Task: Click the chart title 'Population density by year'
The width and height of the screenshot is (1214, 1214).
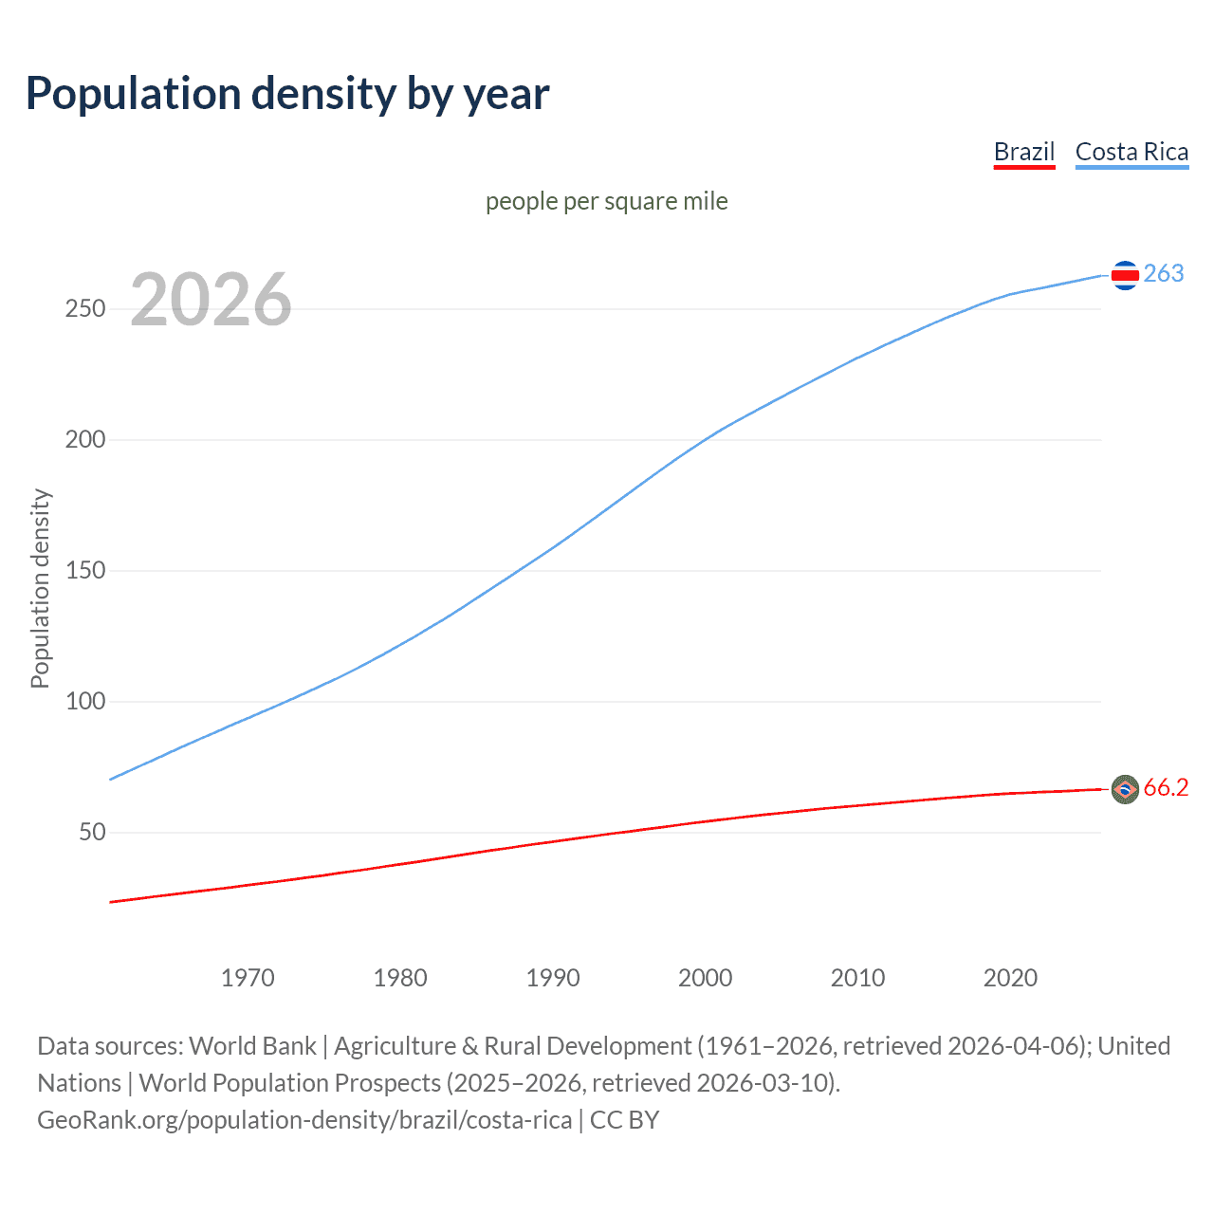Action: (287, 94)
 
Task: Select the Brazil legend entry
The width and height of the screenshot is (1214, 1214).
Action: (1024, 152)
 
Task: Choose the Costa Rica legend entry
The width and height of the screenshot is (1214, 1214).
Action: (1131, 152)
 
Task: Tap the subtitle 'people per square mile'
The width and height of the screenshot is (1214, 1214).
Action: (607, 201)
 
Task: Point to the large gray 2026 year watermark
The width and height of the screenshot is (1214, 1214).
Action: (211, 300)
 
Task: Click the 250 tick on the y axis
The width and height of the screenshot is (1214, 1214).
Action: (85, 309)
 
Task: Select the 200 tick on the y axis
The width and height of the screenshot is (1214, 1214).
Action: (85, 440)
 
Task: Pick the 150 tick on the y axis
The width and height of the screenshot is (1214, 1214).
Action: (85, 571)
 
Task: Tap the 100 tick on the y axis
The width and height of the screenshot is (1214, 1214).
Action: (85, 702)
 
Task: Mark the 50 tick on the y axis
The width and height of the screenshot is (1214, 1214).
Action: (92, 833)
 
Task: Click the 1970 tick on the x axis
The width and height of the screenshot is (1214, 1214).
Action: (248, 978)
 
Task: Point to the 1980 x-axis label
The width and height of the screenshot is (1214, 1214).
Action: (400, 978)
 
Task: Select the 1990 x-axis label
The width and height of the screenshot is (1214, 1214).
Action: (553, 978)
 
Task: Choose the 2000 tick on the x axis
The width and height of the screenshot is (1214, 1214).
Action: (706, 978)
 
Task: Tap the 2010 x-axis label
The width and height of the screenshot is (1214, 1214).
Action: (858, 978)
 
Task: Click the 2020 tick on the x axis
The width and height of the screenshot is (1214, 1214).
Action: (1011, 978)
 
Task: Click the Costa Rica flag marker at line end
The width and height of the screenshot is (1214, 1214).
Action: (1125, 275)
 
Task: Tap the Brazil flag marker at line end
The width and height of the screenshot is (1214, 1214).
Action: (1125, 789)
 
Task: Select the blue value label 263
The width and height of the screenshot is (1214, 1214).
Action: (1164, 274)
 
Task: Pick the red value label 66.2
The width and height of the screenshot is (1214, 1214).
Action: (1166, 788)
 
